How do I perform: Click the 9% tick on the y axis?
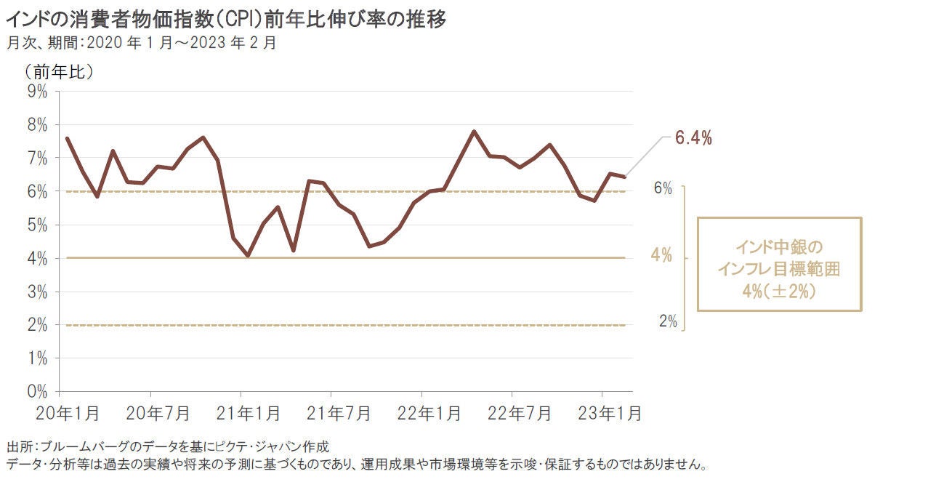tap(37, 91)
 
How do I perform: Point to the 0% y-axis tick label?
tap(37, 391)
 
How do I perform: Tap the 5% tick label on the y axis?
tap(37, 225)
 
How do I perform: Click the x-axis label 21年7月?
tap(330, 414)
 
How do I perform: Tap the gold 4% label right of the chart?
tap(660, 257)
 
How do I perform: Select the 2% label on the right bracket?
tap(668, 322)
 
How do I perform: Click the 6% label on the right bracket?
tap(663, 188)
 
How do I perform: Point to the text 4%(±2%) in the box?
tap(779, 292)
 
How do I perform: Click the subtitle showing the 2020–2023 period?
tap(141, 42)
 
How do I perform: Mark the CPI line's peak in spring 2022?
tap(474, 132)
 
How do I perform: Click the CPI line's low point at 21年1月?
tap(248, 256)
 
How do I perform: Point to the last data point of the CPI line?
tap(625, 177)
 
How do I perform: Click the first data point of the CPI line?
tap(67, 138)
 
